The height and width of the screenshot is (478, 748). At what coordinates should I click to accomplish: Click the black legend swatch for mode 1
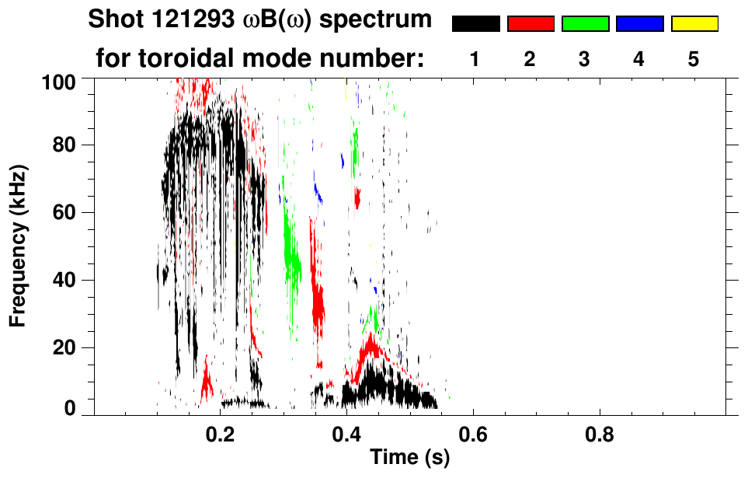point(475,24)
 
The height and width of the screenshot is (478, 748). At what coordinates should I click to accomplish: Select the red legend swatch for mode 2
point(531,24)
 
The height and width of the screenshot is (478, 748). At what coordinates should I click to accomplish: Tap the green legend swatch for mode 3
point(585,24)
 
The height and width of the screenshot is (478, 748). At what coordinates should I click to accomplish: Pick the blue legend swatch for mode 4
point(639,24)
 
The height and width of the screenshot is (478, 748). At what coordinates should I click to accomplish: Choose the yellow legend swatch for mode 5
point(694,24)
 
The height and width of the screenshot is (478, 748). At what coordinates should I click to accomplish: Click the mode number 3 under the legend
point(584,60)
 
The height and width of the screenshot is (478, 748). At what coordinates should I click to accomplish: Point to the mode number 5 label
point(693,60)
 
